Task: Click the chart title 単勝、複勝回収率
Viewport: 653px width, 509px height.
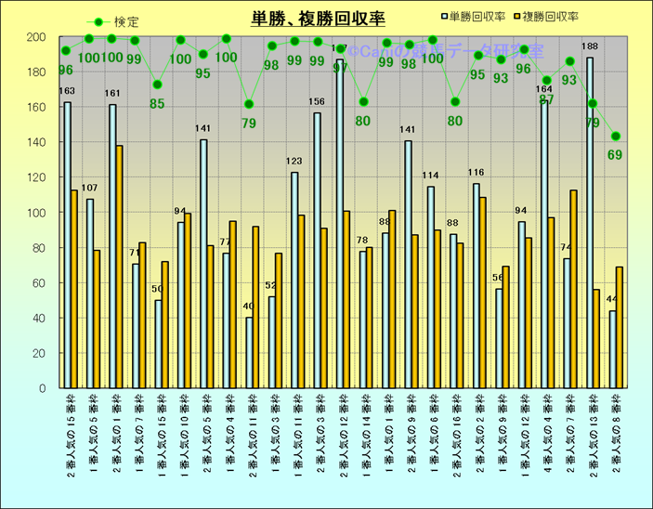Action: (318, 18)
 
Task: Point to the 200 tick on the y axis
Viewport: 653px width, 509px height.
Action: (36, 37)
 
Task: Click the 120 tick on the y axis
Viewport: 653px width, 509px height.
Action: (36, 177)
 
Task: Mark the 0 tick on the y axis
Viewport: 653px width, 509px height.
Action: (42, 388)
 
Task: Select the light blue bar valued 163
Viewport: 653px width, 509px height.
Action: (67, 245)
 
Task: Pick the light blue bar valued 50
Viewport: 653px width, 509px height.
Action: (158, 344)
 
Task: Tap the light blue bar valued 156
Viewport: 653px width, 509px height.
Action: (317, 251)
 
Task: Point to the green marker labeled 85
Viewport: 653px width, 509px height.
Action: (158, 85)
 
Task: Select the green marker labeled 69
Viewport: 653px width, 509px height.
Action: (615, 137)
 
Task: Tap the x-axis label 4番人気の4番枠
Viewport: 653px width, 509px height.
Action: (548, 436)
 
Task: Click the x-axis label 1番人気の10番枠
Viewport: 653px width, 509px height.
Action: (184, 436)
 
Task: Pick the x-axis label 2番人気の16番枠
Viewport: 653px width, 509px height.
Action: (457, 436)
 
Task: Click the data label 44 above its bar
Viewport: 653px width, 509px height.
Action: (611, 300)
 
